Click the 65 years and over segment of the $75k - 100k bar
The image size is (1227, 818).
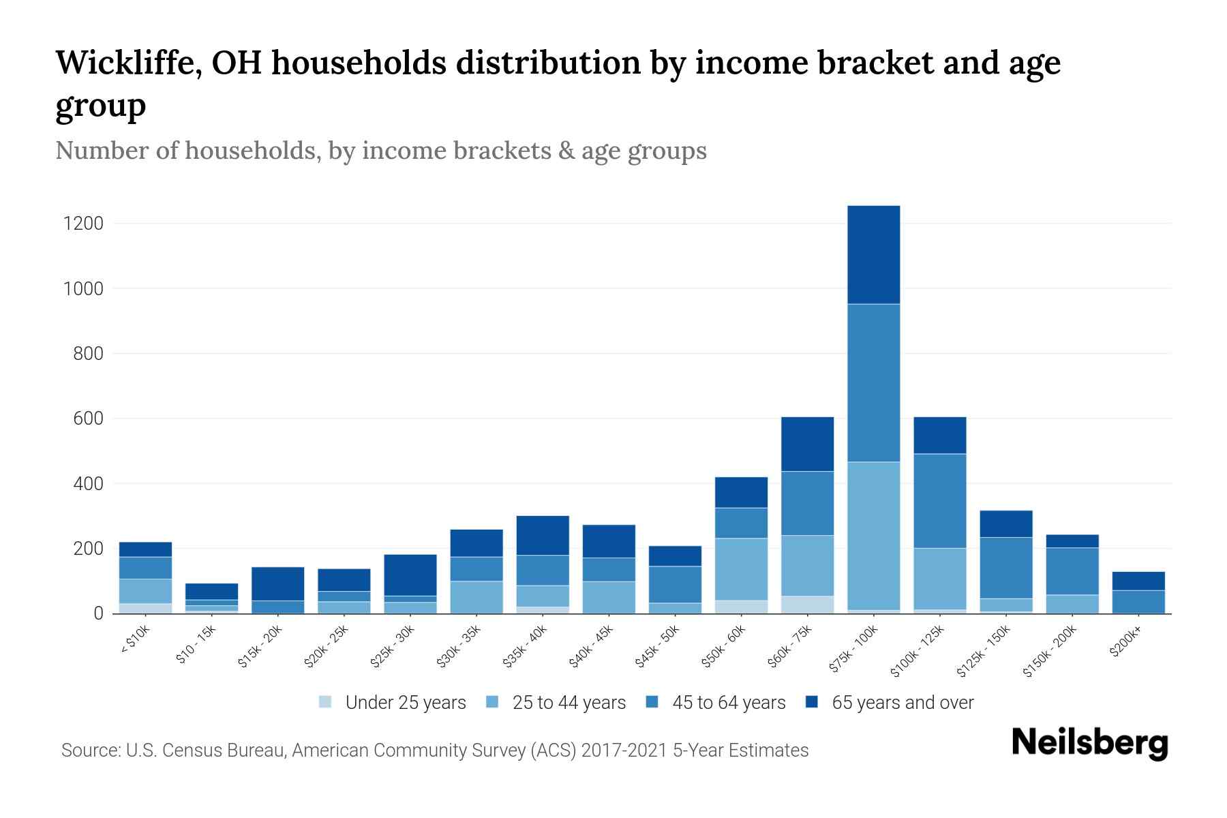coord(873,254)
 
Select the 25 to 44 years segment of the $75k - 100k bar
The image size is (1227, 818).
coord(873,535)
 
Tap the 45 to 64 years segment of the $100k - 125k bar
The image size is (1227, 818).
coord(939,500)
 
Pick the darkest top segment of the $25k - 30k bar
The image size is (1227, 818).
coord(410,575)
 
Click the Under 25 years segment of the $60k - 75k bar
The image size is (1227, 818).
coord(807,605)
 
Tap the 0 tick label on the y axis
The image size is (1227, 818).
coord(99,613)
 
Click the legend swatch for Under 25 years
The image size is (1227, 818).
coord(326,702)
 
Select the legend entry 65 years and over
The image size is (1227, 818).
coord(902,702)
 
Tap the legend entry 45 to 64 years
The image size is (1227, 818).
coord(728,702)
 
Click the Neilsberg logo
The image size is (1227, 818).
coord(1089,743)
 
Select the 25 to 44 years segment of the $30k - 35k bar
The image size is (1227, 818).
coord(476,597)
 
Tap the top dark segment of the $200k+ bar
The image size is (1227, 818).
coord(1138,581)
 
